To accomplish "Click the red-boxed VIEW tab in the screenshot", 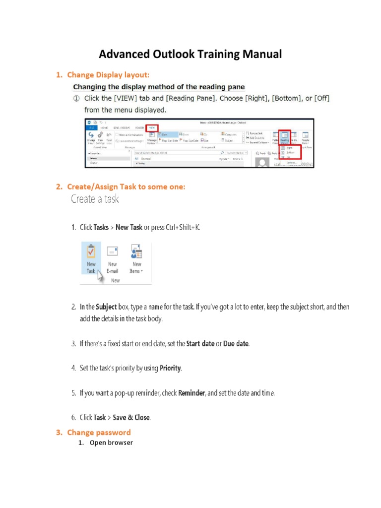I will click(151, 128).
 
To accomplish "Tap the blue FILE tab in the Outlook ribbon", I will click(92, 128).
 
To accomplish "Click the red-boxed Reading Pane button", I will click(285, 138).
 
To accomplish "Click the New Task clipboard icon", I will click(91, 251).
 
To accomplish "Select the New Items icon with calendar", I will click(136, 252).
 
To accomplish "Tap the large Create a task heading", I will click(95, 199).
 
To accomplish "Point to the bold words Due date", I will click(236, 343).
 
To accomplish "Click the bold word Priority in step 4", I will click(170, 368).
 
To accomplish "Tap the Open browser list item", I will click(111, 443).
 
